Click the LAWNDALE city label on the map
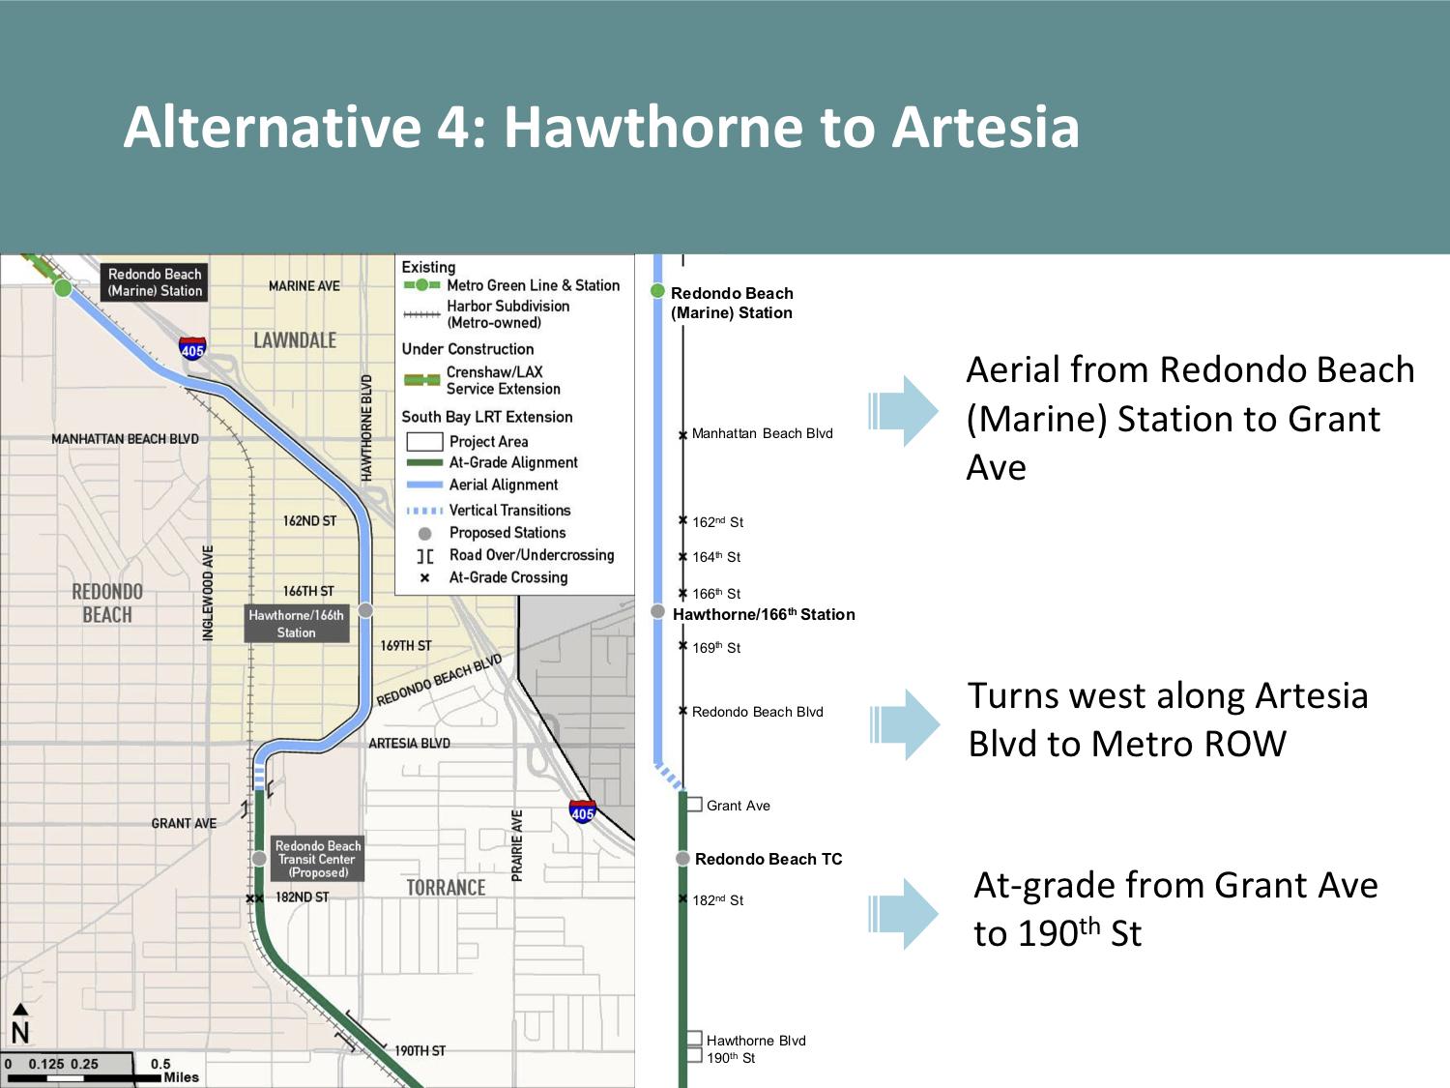click(295, 340)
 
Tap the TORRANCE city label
click(446, 888)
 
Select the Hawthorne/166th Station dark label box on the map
click(297, 624)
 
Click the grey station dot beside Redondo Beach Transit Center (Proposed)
click(259, 858)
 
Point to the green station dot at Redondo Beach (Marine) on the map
click(63, 287)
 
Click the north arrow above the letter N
click(20, 1009)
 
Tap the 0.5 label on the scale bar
click(160, 1064)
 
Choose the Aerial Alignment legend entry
click(482, 485)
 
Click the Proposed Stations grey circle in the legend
click(424, 533)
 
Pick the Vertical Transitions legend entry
click(489, 511)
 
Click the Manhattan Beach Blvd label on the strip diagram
click(763, 433)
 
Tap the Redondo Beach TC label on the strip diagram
click(768, 859)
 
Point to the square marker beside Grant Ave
click(694, 805)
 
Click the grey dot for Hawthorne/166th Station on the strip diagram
click(657, 612)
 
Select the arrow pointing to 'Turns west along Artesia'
click(905, 724)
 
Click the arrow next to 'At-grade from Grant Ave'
click(903, 914)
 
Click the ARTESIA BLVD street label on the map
click(409, 743)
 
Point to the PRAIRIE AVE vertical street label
click(516, 845)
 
